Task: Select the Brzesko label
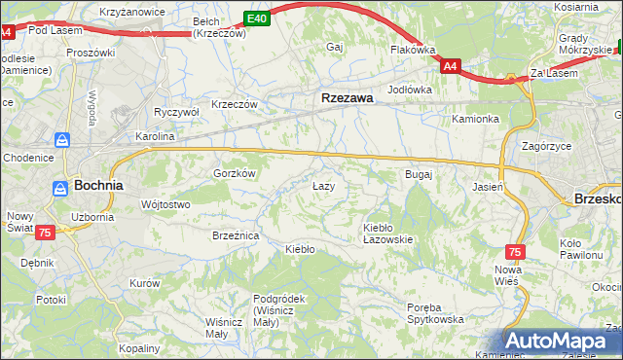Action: tap(597, 197)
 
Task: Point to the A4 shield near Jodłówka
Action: tap(450, 66)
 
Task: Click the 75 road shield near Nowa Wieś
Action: tap(515, 251)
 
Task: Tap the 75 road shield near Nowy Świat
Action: tap(45, 234)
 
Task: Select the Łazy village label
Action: tap(323, 186)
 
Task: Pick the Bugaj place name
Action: tap(418, 174)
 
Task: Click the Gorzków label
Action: tap(234, 173)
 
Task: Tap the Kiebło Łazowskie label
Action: tap(388, 233)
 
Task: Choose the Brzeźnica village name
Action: tap(235, 235)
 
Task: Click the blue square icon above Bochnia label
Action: tap(62, 141)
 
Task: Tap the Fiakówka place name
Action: tap(412, 49)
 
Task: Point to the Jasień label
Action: tap(487, 186)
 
